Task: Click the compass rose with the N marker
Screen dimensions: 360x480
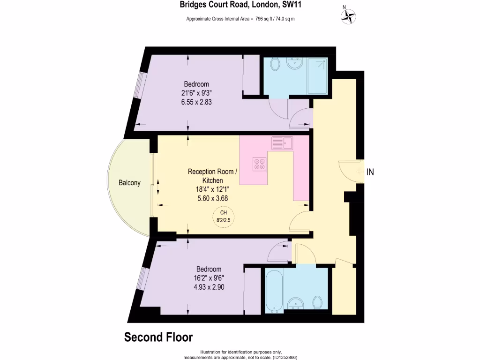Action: point(348,17)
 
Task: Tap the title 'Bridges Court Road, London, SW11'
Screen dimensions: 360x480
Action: point(240,6)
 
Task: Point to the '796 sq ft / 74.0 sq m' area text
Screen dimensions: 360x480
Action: point(275,19)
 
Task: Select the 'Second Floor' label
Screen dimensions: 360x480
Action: point(158,337)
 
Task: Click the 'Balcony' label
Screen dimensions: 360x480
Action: point(129,183)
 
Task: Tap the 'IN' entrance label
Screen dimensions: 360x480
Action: point(370,172)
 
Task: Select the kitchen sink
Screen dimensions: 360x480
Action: point(281,142)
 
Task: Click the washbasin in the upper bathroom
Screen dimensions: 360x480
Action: point(295,63)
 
